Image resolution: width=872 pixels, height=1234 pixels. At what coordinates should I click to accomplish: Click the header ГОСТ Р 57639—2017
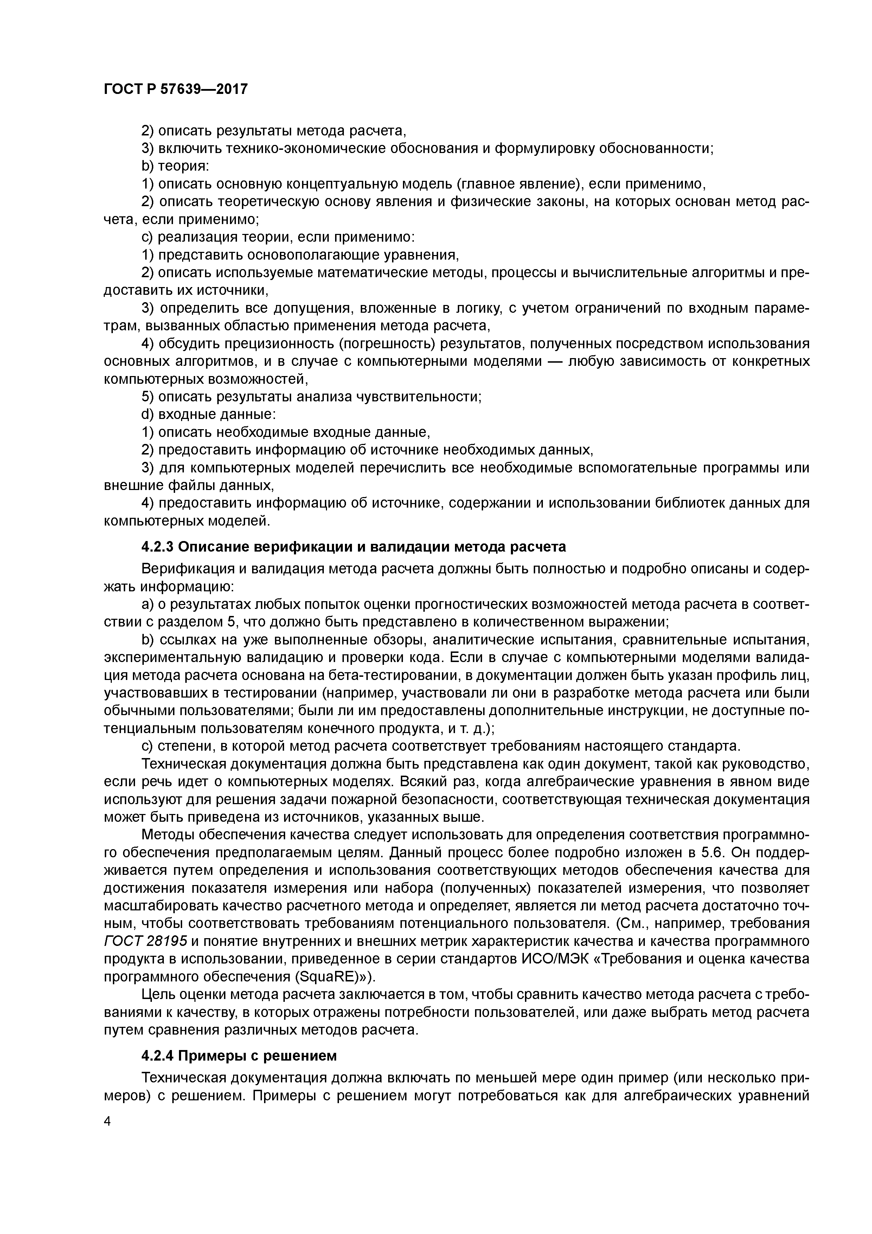point(176,89)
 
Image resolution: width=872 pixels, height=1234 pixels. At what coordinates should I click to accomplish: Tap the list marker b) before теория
point(147,167)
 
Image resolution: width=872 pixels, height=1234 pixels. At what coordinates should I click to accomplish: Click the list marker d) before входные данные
point(147,415)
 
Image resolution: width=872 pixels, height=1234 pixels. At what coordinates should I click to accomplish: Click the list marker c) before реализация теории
point(147,237)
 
